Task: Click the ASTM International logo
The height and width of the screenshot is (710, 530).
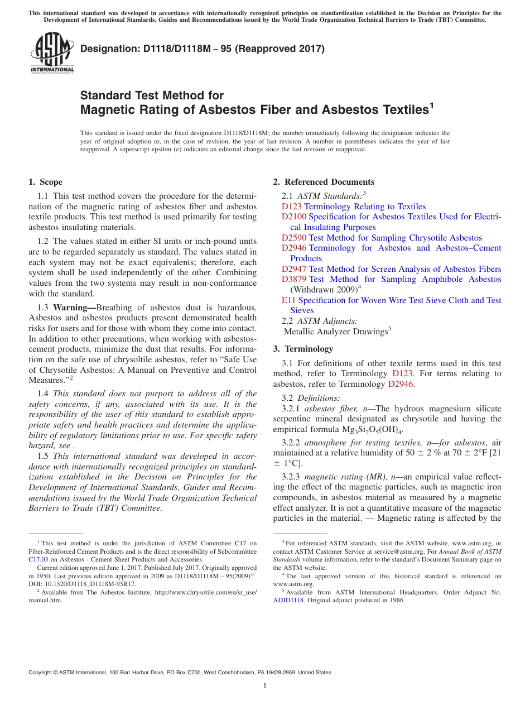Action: pos(52,53)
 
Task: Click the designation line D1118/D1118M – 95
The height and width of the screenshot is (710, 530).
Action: pos(203,49)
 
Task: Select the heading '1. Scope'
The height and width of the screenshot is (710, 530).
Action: pos(45,182)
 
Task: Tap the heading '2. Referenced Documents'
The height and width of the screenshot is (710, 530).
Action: pos(324,182)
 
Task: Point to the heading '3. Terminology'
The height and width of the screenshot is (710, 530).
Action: pos(303,349)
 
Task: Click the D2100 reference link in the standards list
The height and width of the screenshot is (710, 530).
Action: pos(294,217)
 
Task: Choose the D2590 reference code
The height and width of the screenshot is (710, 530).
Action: pos(294,238)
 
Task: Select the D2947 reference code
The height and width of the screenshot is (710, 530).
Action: pos(294,269)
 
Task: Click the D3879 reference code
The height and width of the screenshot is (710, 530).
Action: pos(294,279)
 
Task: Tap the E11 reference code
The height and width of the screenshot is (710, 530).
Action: pos(288,300)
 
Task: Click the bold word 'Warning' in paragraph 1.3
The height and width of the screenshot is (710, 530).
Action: pos(73,308)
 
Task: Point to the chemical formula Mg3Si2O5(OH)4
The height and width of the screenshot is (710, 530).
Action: pos(368,430)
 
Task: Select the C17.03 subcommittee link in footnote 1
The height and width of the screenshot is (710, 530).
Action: pos(38,559)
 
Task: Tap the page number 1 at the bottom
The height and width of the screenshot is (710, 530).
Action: pos(265,685)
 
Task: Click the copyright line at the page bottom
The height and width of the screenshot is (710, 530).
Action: pos(180,673)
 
